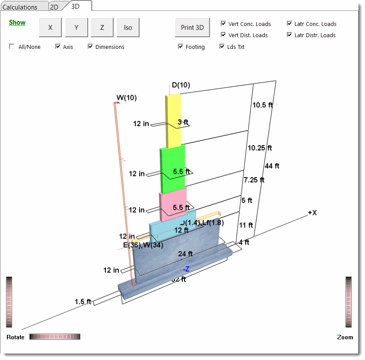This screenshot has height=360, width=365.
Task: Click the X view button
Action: (50, 28)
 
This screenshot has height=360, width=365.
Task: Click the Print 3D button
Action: (192, 28)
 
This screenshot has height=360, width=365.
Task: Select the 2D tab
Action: (54, 7)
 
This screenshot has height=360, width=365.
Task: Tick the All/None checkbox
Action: (12, 47)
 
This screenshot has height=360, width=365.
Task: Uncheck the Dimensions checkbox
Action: (91, 47)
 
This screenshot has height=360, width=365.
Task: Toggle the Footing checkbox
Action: (181, 47)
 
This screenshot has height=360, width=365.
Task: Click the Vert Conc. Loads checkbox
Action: (223, 24)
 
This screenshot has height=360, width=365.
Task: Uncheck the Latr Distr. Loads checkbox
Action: (289, 35)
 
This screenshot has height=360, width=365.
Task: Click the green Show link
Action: (17, 22)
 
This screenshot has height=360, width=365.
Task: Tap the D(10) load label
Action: (181, 85)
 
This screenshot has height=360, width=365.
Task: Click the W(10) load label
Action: (127, 98)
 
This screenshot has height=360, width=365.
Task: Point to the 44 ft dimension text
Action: (272, 166)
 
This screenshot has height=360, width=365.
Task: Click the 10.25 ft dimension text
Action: (260, 148)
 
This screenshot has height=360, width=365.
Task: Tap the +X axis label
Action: (312, 213)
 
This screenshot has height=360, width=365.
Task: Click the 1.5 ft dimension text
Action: (83, 302)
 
